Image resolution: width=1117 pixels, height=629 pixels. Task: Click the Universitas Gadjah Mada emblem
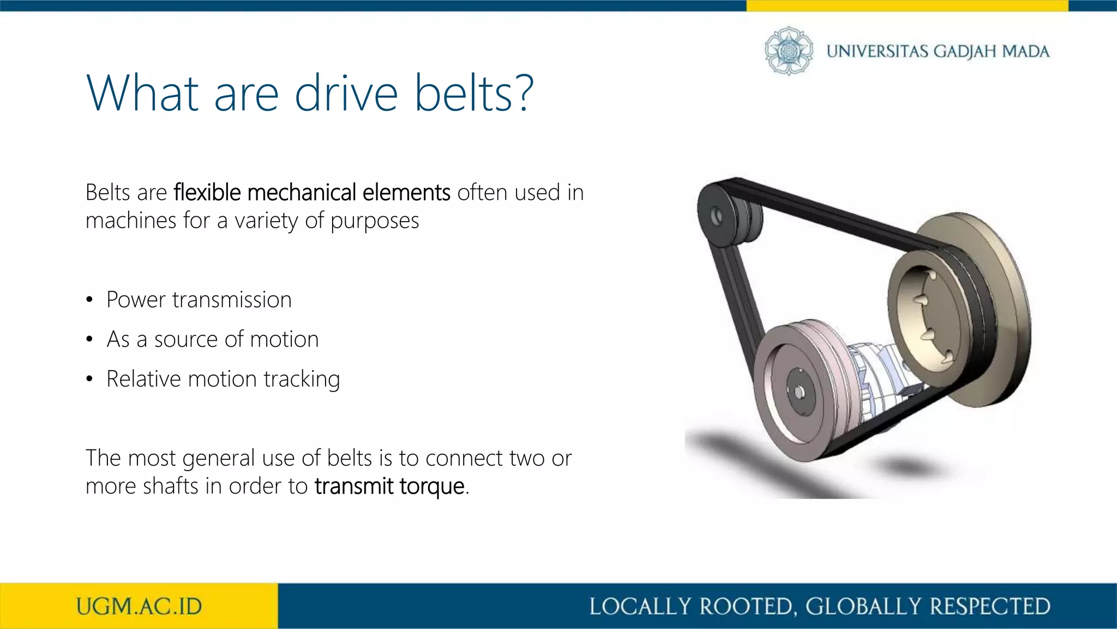789,51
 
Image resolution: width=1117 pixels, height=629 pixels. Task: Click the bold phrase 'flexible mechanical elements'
312,192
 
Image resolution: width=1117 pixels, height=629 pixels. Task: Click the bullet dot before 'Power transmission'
89,300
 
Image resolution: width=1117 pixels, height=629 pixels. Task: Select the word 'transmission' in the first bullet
232,300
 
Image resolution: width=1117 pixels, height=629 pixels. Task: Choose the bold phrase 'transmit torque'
389,486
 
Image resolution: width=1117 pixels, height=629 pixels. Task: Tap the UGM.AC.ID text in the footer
139,606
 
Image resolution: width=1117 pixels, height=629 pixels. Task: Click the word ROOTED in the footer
745,606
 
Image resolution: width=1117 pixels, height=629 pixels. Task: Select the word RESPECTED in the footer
990,606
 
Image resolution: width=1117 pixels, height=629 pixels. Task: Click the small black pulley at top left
717,216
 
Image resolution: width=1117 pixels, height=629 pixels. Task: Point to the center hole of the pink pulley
800,392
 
